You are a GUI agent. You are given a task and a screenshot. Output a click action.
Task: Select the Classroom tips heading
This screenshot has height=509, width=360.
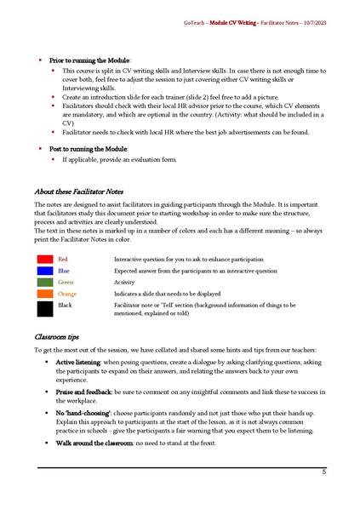click(58, 337)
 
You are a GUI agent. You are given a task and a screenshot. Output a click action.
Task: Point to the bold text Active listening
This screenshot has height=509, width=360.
click(78, 363)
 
